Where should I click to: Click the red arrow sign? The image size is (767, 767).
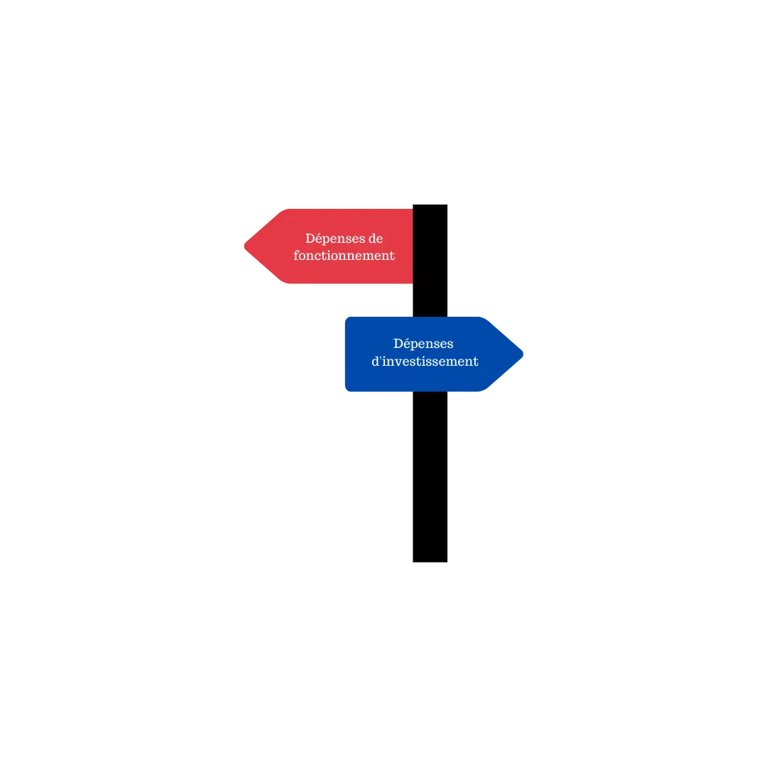coord(329,246)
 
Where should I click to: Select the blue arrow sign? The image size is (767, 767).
coord(434,354)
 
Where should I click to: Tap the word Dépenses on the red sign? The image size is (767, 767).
coord(334,239)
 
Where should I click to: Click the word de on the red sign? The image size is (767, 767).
coord(376,239)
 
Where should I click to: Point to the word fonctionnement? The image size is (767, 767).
coord(344,256)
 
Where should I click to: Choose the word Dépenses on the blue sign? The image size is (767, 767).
coord(423,344)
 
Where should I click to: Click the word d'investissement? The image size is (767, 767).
coord(425,361)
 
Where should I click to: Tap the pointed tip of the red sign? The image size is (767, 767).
coord(244,246)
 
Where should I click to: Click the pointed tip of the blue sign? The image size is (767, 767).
coord(523,354)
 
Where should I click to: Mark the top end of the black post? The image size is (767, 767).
coord(430,205)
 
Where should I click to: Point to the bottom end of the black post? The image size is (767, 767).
coord(430,562)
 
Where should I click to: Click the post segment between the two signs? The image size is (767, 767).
coord(430,300)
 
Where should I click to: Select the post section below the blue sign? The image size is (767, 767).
coord(430,477)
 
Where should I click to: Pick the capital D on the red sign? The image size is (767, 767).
coord(310,238)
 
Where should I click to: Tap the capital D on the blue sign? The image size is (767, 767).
coord(399,344)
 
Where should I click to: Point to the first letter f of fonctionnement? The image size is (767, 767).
coord(296,256)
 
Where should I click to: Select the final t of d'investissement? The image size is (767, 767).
coord(475,361)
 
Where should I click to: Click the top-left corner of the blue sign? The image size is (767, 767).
coord(346,317)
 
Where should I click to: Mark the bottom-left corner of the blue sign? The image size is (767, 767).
coord(346,391)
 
